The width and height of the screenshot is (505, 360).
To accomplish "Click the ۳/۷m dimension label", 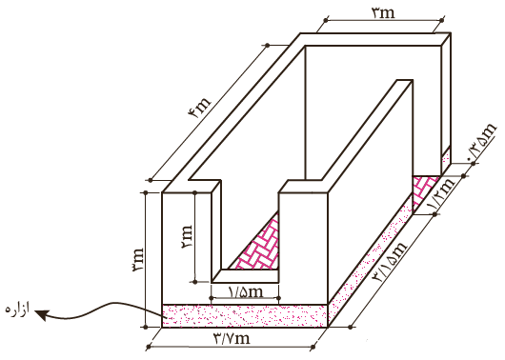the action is pyautogui.click(x=232, y=338).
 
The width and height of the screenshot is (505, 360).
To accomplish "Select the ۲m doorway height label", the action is pyautogui.click(x=187, y=237).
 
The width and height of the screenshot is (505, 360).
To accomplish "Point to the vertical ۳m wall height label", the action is pyautogui.click(x=137, y=260).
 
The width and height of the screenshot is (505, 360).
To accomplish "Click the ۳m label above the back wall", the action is pyautogui.click(x=383, y=12).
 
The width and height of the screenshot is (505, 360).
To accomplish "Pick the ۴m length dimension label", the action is pyautogui.click(x=199, y=108).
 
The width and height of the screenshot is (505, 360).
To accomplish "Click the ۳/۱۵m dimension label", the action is pyautogui.click(x=391, y=262).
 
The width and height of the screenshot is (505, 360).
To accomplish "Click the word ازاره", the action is pyautogui.click(x=17, y=310).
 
